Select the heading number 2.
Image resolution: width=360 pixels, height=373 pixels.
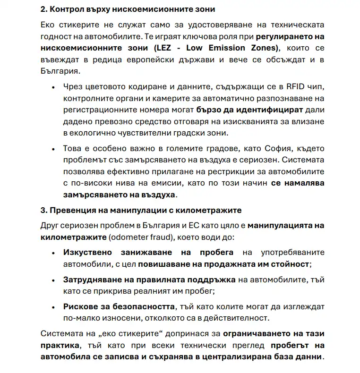(x=43, y=9)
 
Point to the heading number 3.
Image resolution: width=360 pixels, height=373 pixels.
(x=43, y=210)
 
